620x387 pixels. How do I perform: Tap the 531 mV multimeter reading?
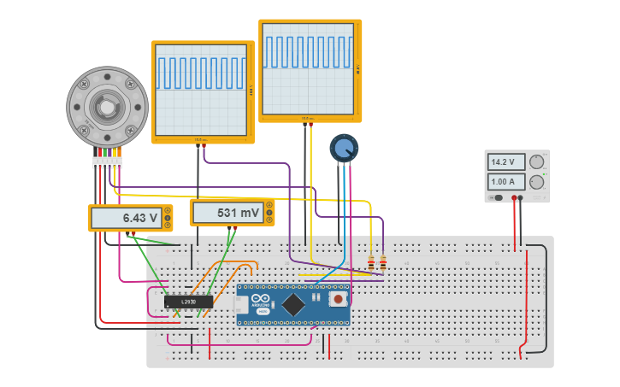click(x=227, y=213)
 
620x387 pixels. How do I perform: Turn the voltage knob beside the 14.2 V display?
click(x=537, y=161)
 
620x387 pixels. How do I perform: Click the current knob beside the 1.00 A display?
click(x=537, y=182)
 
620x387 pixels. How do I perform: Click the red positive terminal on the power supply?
click(x=514, y=198)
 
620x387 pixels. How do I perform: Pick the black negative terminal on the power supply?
click(x=521, y=198)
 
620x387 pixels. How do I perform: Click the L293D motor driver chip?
click(x=188, y=302)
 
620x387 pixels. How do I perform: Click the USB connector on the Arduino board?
click(x=242, y=305)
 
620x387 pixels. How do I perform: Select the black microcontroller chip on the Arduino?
click(x=293, y=304)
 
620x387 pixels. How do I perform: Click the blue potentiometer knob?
click(x=344, y=149)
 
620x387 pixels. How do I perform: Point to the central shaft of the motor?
click(x=106, y=107)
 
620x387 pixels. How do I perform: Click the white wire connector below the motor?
click(x=107, y=162)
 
